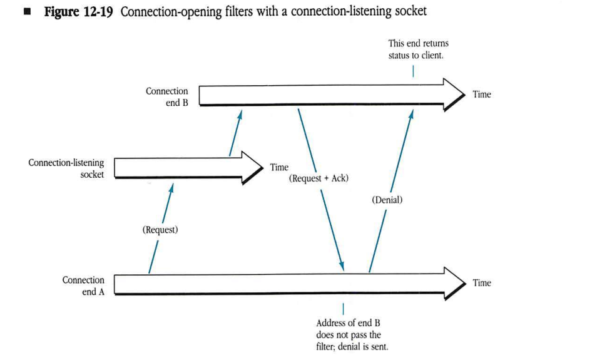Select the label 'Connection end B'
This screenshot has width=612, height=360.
click(x=166, y=97)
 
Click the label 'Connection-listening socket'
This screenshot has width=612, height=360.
click(x=66, y=168)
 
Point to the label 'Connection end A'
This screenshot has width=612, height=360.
click(x=83, y=285)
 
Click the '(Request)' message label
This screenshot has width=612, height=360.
click(x=160, y=230)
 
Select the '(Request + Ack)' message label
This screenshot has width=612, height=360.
click(x=319, y=178)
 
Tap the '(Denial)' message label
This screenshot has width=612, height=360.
click(x=387, y=200)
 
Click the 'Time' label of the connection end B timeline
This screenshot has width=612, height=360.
click(x=481, y=95)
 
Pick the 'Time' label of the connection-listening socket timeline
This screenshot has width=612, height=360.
click(x=279, y=167)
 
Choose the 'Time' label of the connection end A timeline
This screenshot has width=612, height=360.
click(x=481, y=283)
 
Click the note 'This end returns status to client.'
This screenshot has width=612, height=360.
click(x=418, y=49)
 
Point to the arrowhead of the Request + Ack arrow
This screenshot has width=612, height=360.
click(x=342, y=267)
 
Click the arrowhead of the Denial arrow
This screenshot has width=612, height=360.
click(x=411, y=113)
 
